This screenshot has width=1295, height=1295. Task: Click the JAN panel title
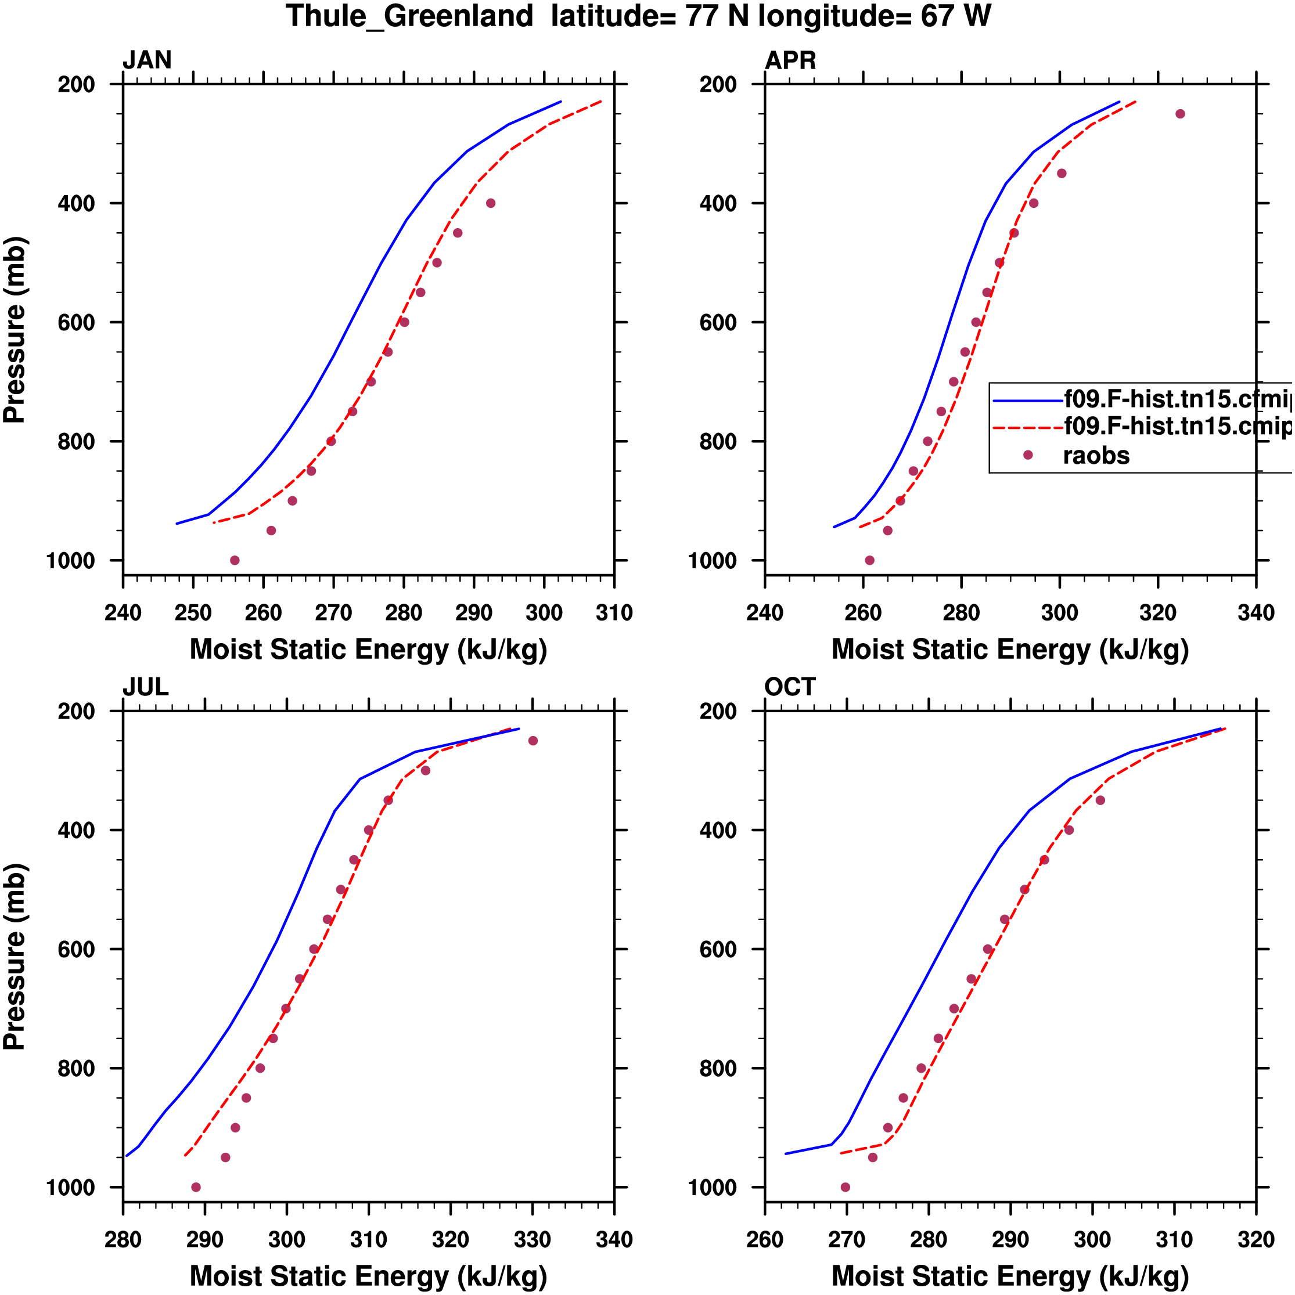(147, 60)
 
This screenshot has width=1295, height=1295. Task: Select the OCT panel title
(790, 687)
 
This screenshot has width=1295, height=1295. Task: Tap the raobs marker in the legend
(1027, 455)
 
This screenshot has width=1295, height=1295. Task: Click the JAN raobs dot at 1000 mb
(235, 560)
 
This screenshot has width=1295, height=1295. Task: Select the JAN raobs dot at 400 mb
(491, 203)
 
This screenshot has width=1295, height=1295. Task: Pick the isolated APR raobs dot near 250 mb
(1181, 114)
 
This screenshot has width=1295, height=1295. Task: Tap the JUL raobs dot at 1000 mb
(196, 1187)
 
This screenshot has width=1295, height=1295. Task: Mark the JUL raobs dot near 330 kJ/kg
(533, 741)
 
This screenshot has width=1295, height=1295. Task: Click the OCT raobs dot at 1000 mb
(845, 1187)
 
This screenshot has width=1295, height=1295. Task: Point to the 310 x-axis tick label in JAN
(614, 612)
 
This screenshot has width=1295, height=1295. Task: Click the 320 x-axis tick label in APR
(1158, 612)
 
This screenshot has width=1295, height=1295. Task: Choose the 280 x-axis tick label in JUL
(123, 1240)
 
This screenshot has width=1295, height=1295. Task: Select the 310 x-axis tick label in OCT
(1174, 1240)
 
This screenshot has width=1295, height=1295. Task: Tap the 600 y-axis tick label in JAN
(77, 322)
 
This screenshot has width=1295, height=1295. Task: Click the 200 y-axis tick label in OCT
(718, 711)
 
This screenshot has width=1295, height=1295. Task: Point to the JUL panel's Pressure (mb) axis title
(15, 957)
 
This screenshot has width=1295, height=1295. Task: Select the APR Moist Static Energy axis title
(1010, 650)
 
